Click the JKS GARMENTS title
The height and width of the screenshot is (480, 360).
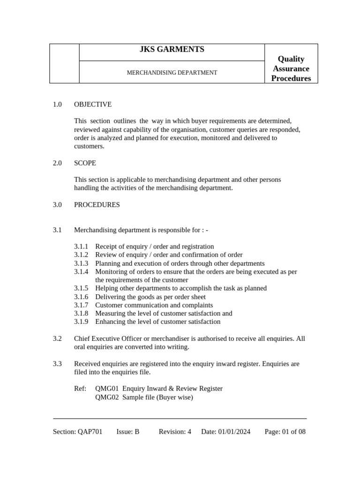tap(172, 50)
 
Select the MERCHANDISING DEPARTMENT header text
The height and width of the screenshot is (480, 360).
tap(172, 73)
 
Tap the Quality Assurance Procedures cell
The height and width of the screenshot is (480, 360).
tap(291, 68)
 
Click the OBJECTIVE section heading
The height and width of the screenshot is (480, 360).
tap(93, 105)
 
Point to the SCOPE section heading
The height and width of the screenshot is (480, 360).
tap(85, 163)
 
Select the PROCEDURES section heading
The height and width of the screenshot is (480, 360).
tap(97, 205)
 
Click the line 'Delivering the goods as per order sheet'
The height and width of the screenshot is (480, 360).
tap(150, 297)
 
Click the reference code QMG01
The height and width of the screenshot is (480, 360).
tap(107, 389)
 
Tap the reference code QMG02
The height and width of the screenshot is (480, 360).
tap(107, 397)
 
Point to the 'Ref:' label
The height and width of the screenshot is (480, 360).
tap(80, 389)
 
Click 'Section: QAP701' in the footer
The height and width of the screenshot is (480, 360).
tap(78, 432)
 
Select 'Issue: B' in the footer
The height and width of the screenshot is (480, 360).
tap(128, 432)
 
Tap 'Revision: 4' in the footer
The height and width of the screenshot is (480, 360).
tap(175, 432)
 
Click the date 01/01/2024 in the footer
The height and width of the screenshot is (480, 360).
tap(234, 432)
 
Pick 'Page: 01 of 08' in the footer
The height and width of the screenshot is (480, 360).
tap(285, 432)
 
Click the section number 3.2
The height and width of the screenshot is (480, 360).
tap(57, 338)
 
